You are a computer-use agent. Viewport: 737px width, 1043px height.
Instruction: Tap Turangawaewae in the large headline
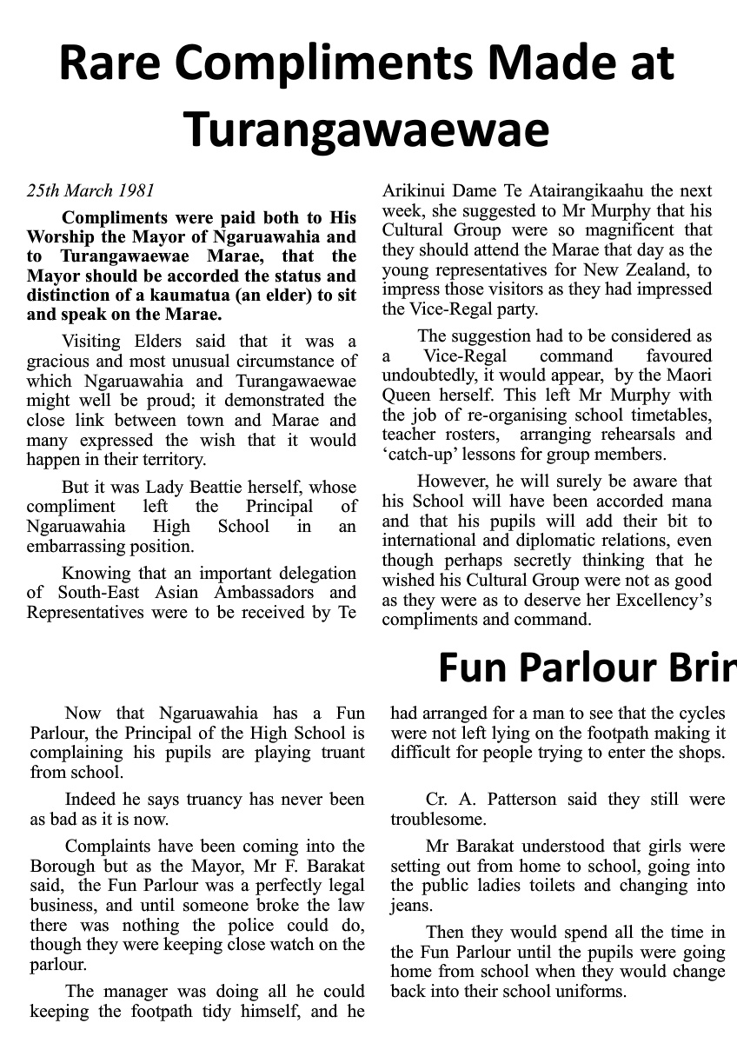click(x=368, y=129)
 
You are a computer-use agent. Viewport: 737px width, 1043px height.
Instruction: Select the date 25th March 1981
click(x=90, y=190)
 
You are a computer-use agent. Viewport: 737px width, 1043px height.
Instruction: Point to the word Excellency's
click(x=666, y=601)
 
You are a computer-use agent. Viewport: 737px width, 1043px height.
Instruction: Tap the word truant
click(x=342, y=752)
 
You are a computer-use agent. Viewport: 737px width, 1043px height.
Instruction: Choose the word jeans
click(x=410, y=905)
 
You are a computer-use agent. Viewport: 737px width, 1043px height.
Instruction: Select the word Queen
click(x=407, y=395)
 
